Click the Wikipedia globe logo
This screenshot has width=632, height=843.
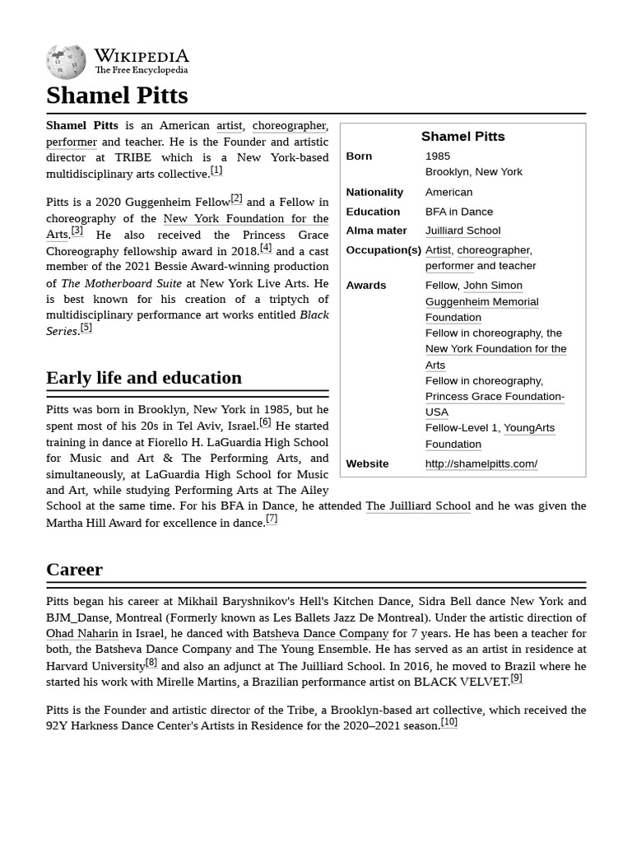66,62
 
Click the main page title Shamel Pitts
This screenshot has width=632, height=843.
117,95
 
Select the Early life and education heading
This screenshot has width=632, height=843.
144,378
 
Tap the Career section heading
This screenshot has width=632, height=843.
74,570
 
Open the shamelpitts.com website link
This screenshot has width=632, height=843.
481,463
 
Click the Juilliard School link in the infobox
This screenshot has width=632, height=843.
462,231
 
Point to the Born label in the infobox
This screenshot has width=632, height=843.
359,156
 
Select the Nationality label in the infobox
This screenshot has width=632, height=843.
374,192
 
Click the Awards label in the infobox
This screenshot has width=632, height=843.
365,285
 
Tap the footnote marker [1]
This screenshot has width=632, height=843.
216,170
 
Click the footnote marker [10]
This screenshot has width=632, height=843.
448,722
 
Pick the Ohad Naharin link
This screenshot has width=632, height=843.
82,634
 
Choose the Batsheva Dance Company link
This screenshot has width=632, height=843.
320,634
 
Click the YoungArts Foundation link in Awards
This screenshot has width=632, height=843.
489,435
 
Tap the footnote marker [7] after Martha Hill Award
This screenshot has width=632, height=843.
272,519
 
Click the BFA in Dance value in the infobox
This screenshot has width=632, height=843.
458,212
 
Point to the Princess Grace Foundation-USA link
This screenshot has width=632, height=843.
494,403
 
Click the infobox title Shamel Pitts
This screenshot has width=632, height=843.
462,137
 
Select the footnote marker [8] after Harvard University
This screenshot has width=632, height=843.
151,662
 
